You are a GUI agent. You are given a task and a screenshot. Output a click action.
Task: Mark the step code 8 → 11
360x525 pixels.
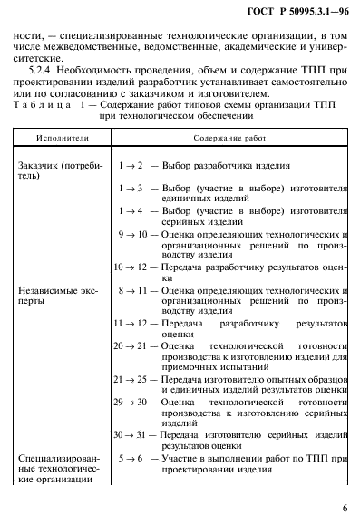click(x=131, y=289)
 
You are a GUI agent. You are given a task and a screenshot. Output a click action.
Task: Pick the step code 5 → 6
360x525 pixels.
click(x=131, y=458)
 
